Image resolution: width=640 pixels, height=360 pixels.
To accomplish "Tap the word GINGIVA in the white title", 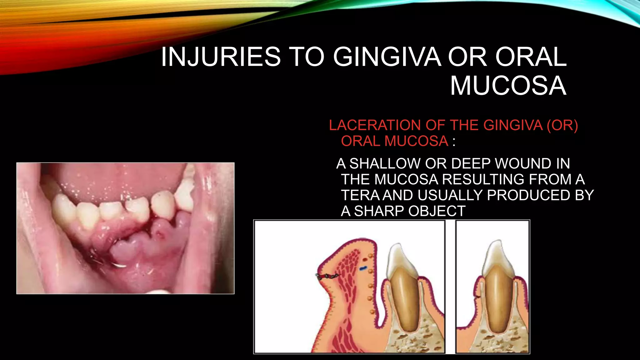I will point(387,57).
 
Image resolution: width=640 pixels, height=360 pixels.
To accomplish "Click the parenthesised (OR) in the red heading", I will point(562,125).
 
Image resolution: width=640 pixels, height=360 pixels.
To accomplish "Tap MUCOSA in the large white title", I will point(508,86).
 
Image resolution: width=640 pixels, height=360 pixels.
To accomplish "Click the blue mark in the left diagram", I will point(363,268).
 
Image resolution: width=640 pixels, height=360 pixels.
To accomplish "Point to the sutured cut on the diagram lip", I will point(327,276).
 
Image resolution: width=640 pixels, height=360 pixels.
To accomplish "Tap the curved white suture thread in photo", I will point(119,266).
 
